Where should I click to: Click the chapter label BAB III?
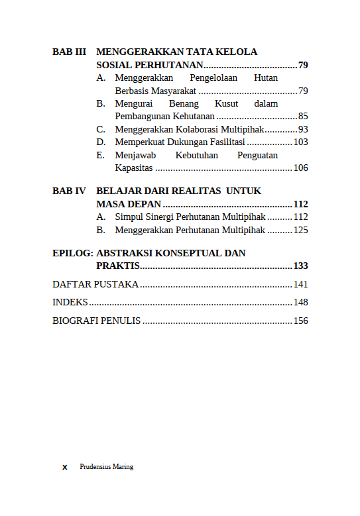69,52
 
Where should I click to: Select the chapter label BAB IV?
69,191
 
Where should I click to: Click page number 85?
303,117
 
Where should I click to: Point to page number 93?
303,129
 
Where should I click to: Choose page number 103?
300,142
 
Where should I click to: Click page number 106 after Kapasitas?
300,168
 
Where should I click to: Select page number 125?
300,230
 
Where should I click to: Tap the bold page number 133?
300,266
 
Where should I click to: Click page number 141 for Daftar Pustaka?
300,284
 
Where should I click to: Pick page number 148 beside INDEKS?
300,302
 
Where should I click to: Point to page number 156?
300,321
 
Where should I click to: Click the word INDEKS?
70,302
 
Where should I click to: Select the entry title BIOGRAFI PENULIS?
96,321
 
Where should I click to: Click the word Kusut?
226,103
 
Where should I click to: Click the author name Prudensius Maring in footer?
106,466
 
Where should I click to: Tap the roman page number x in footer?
65,467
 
